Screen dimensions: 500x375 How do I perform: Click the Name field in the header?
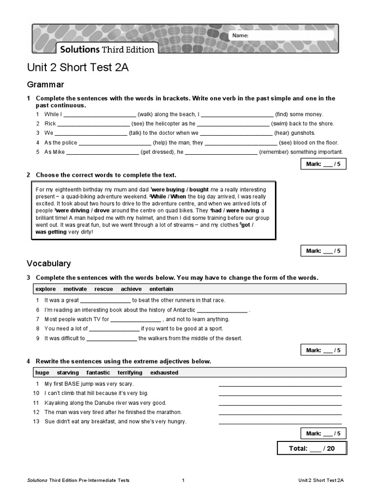[288, 36]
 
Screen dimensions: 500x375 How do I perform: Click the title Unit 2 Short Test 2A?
[78, 68]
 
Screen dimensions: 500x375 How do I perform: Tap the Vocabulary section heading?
[48, 264]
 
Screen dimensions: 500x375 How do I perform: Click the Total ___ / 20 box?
[312, 448]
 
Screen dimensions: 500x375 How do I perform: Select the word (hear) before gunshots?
[282, 133]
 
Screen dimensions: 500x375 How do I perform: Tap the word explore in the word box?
[46, 289]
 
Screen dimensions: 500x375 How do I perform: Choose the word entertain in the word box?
[161, 289]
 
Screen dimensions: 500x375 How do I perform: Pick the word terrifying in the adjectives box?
[130, 373]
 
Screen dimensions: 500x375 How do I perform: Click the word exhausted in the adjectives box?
[164, 373]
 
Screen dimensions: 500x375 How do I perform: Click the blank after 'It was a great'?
[105, 301]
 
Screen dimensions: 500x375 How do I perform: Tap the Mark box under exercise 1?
[323, 165]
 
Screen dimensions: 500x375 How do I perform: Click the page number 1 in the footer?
[183, 480]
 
